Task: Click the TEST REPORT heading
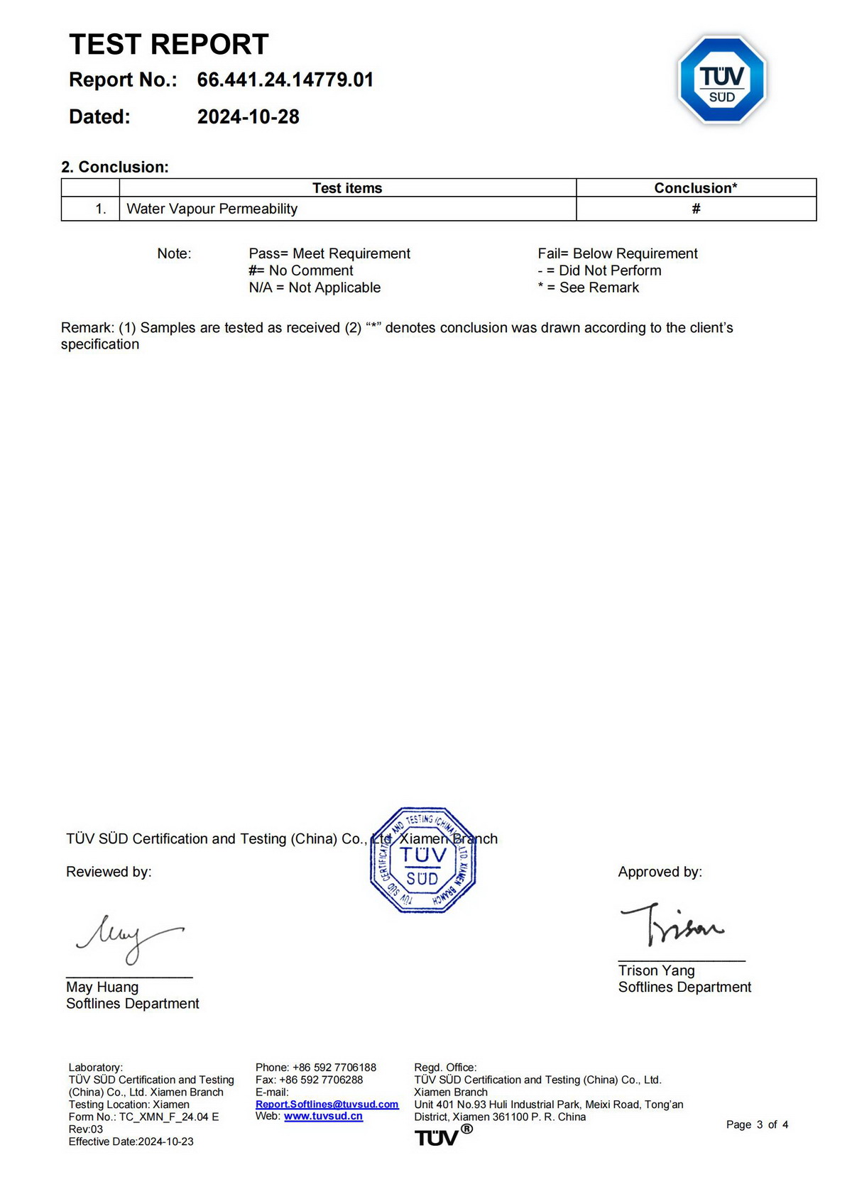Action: [169, 44]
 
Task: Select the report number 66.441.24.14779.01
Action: [285, 80]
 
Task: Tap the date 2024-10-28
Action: [248, 116]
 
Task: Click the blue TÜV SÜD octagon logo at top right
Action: [722, 80]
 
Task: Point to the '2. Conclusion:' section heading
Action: [115, 167]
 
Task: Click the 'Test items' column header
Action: [347, 188]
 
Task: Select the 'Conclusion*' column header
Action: [695, 188]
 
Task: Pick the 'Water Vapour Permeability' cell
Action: [212, 209]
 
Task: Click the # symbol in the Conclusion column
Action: [696, 209]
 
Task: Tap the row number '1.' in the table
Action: [101, 209]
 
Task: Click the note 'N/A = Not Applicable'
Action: [315, 288]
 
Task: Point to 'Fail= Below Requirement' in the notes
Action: [617, 253]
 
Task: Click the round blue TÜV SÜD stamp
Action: [422, 860]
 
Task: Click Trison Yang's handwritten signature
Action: [671, 924]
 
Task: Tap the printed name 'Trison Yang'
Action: [656, 970]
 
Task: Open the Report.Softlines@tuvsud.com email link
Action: [327, 1104]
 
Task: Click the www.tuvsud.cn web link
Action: [323, 1116]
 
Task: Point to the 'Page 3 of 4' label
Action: [757, 1124]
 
